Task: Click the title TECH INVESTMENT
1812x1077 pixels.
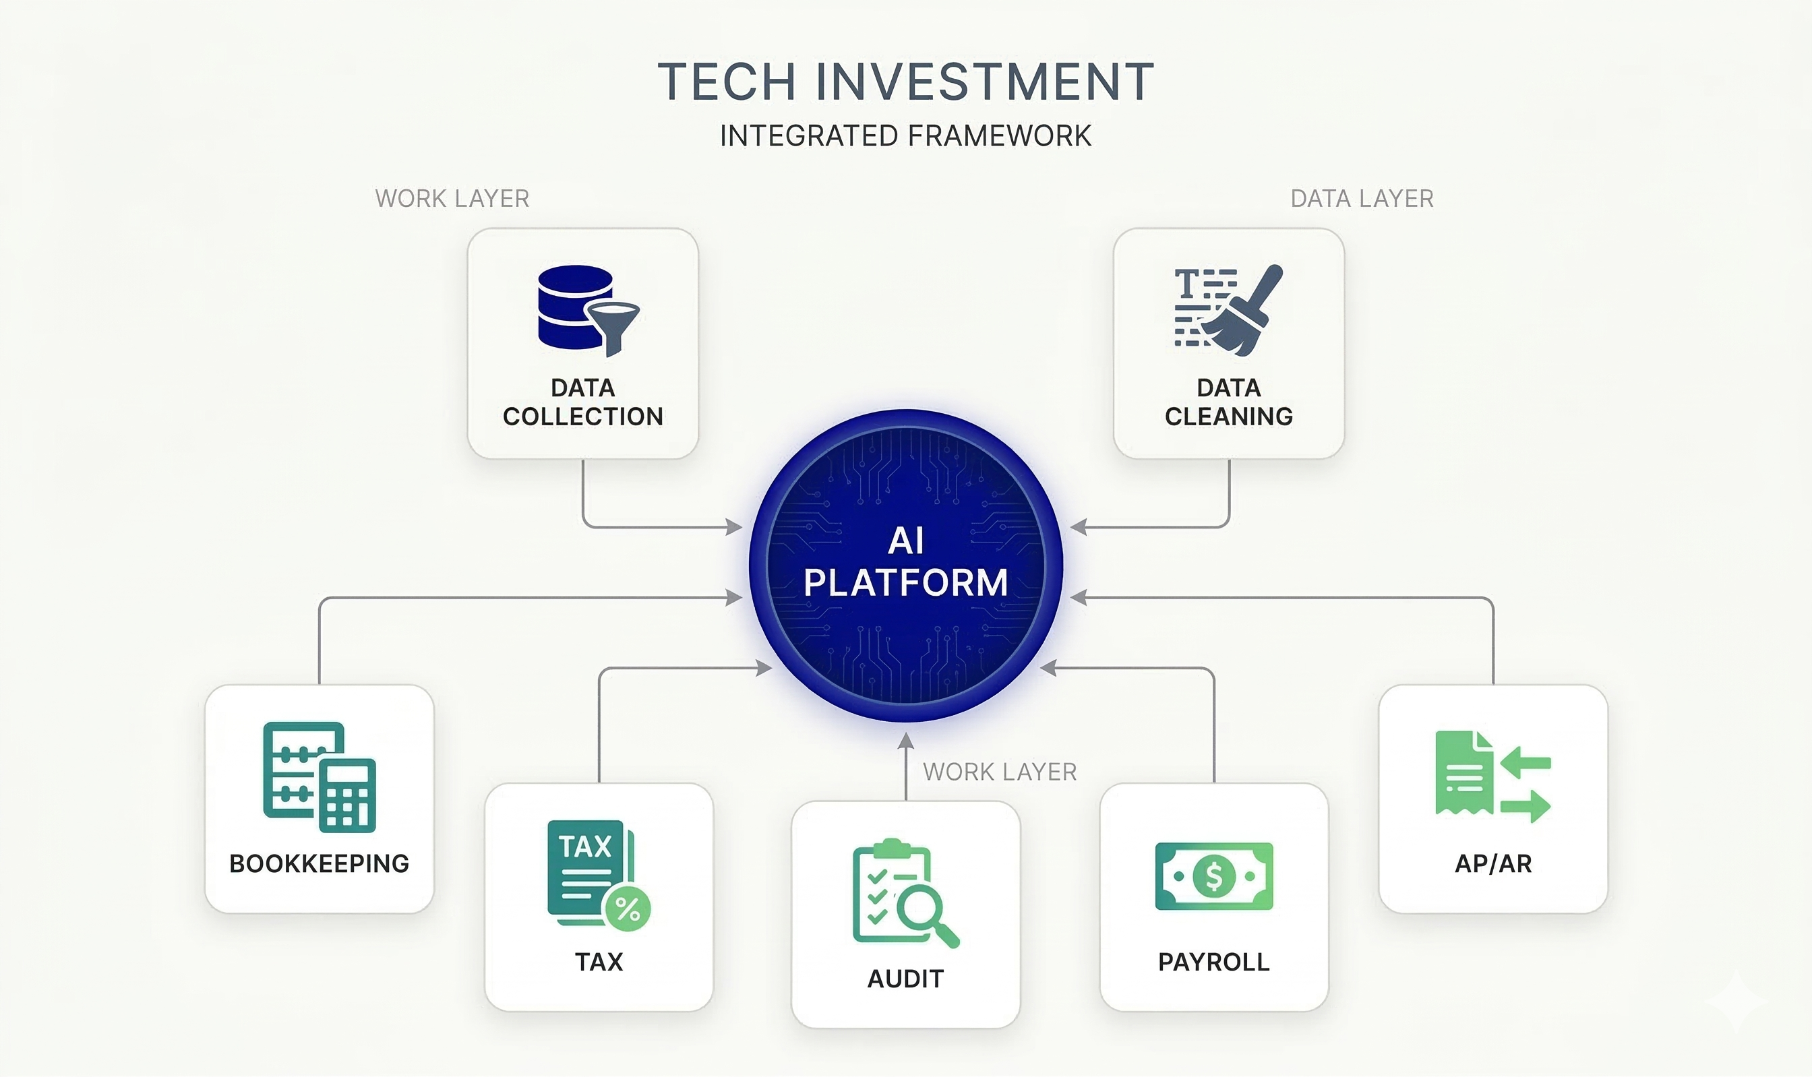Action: pyautogui.click(x=905, y=82)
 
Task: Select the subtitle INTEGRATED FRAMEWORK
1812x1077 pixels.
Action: pyautogui.click(x=905, y=136)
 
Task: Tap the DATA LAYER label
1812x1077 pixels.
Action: pyautogui.click(x=1361, y=199)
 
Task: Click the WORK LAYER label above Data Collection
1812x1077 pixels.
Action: pyautogui.click(x=452, y=199)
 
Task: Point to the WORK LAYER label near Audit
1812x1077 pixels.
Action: pyautogui.click(x=999, y=772)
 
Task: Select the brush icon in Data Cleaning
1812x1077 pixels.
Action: pyautogui.click(x=1244, y=312)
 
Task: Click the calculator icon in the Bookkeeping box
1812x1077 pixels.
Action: pyautogui.click(x=347, y=795)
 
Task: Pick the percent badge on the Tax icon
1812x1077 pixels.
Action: pyautogui.click(x=628, y=909)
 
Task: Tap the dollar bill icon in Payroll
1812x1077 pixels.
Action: pyautogui.click(x=1213, y=876)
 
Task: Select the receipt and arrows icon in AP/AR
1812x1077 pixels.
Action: pyautogui.click(x=1492, y=776)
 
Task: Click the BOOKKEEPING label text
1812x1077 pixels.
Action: pyautogui.click(x=320, y=863)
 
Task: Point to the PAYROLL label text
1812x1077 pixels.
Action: pyautogui.click(x=1213, y=962)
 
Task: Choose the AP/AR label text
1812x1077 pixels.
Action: pyautogui.click(x=1492, y=863)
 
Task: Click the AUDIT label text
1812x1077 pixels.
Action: pyautogui.click(x=905, y=979)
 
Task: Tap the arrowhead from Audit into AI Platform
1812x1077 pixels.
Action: pyautogui.click(x=905, y=740)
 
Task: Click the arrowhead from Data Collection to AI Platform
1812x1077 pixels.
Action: pyautogui.click(x=734, y=527)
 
